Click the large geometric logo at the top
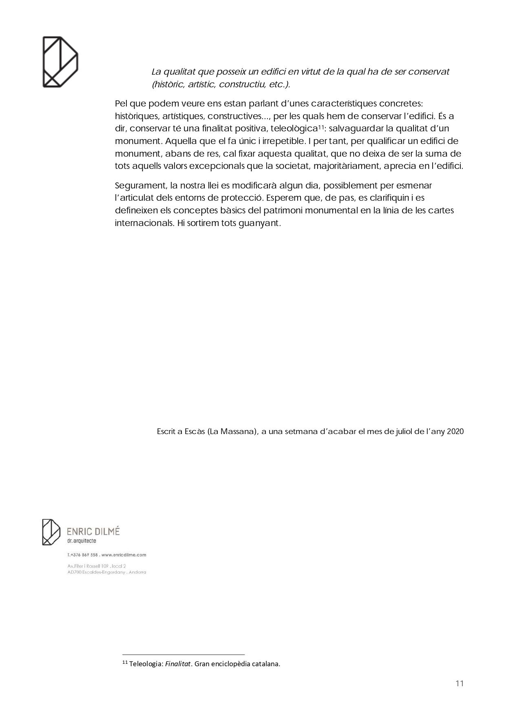click(x=60, y=62)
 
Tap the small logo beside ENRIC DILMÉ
click(x=51, y=532)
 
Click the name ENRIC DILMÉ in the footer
click(x=93, y=532)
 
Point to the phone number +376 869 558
click(x=84, y=555)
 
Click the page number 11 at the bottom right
click(x=460, y=683)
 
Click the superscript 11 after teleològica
click(x=321, y=128)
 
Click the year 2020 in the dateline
click(x=455, y=431)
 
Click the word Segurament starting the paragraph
click(x=140, y=186)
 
